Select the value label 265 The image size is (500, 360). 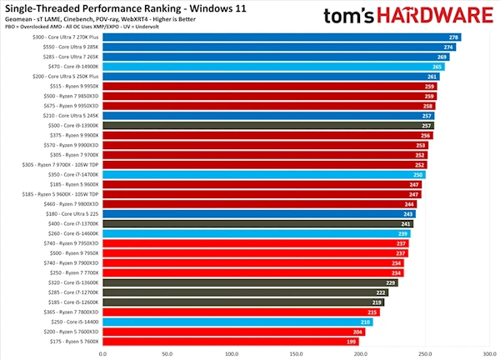pyautogui.click(x=437, y=67)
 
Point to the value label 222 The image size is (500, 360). pyautogui.click(x=381, y=292)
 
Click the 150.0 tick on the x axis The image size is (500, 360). pyautogui.click(x=296, y=353)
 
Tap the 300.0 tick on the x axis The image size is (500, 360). pyautogui.click(x=488, y=353)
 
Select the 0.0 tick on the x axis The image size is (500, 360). pyautogui.click(x=103, y=353)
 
